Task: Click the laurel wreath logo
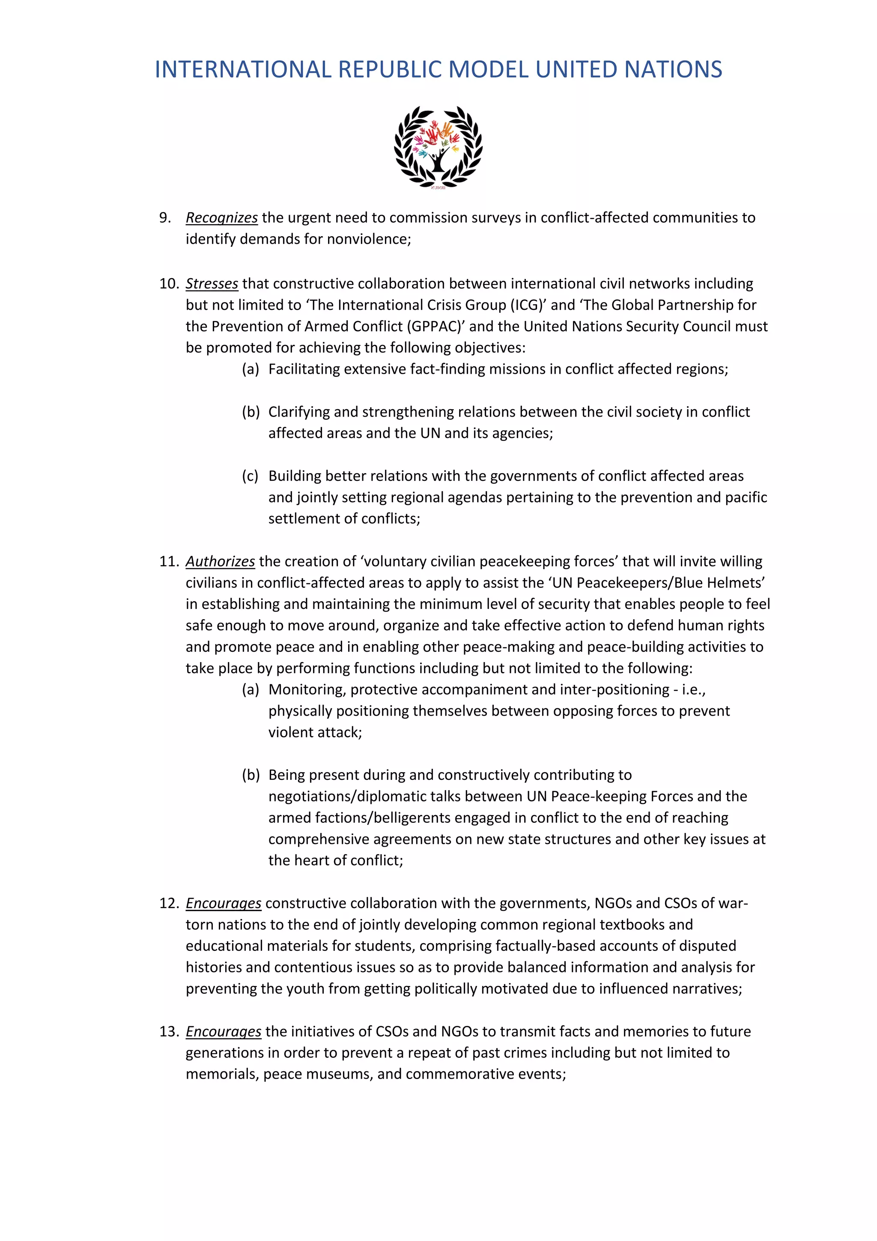[438, 147]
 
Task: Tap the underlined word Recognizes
[221, 218]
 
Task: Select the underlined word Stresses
[212, 284]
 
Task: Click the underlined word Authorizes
[220, 562]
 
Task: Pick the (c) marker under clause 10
[250, 476]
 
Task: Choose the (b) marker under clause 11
[251, 775]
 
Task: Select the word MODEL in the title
[488, 70]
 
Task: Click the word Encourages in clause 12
[223, 903]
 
